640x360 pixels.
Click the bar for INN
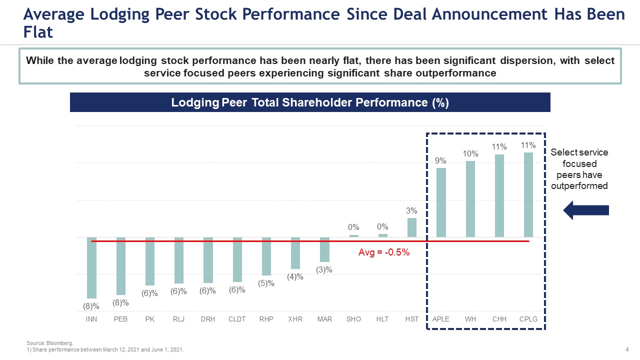91,267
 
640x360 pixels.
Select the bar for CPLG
528,194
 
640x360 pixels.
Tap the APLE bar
441,202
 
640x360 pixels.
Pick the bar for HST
412,227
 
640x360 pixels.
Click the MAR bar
324,249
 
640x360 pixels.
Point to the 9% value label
440,160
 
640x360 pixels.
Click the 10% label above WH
470,154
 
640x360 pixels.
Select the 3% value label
411,211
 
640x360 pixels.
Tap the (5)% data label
266,283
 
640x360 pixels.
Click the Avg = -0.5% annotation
384,252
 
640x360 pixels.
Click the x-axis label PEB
120,319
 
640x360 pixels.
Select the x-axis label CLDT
237,319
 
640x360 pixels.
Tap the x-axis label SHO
353,319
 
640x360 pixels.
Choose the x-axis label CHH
499,319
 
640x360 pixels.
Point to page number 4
627,349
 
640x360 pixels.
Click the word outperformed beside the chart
579,186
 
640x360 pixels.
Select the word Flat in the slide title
38,32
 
